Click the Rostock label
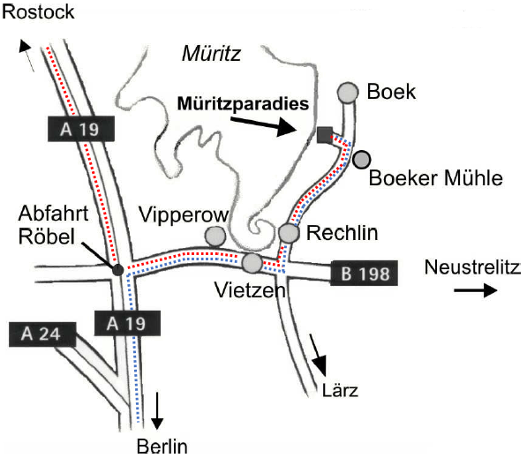click(38, 11)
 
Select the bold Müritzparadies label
click(243, 102)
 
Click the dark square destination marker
click(325, 134)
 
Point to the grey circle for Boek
click(349, 91)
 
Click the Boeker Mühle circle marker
click(361, 160)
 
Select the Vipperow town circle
click(215, 236)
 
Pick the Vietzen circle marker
click(252, 262)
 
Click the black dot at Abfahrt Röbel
click(117, 268)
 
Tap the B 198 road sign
click(364, 273)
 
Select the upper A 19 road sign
click(80, 130)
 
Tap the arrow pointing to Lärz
click(318, 355)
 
